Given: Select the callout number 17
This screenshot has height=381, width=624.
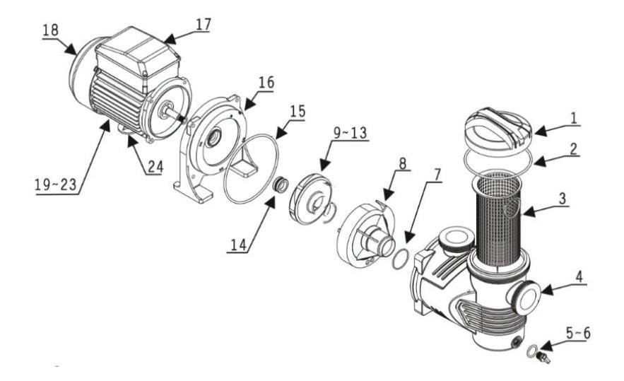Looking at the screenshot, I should pyautogui.click(x=203, y=23).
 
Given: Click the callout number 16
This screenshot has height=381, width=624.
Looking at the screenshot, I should pyautogui.click(x=266, y=83).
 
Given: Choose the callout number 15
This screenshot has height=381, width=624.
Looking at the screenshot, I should pyautogui.click(x=298, y=111).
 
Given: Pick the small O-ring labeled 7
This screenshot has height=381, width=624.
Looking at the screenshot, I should pyautogui.click(x=400, y=259).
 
